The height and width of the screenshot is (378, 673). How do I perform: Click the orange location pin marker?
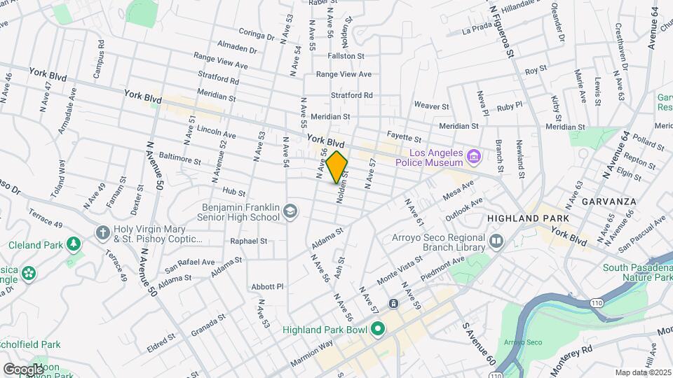pyautogui.click(x=337, y=167)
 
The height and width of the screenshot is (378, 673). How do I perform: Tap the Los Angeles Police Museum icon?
pyautogui.click(x=474, y=155)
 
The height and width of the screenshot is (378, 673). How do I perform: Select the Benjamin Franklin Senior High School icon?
pyautogui.click(x=288, y=211)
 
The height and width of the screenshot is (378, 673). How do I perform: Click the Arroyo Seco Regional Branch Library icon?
pyautogui.click(x=497, y=241)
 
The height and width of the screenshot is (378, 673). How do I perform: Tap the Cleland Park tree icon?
pyautogui.click(x=72, y=244)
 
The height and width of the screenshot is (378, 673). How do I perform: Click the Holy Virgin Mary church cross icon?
pyautogui.click(x=102, y=232)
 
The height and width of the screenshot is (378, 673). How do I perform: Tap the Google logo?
pyautogui.click(x=23, y=369)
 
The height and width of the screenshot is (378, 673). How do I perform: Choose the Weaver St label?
pyautogui.click(x=431, y=106)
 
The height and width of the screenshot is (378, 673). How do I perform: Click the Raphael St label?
pyautogui.click(x=250, y=240)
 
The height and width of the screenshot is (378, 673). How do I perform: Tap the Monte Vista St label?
pyautogui.click(x=400, y=269)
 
